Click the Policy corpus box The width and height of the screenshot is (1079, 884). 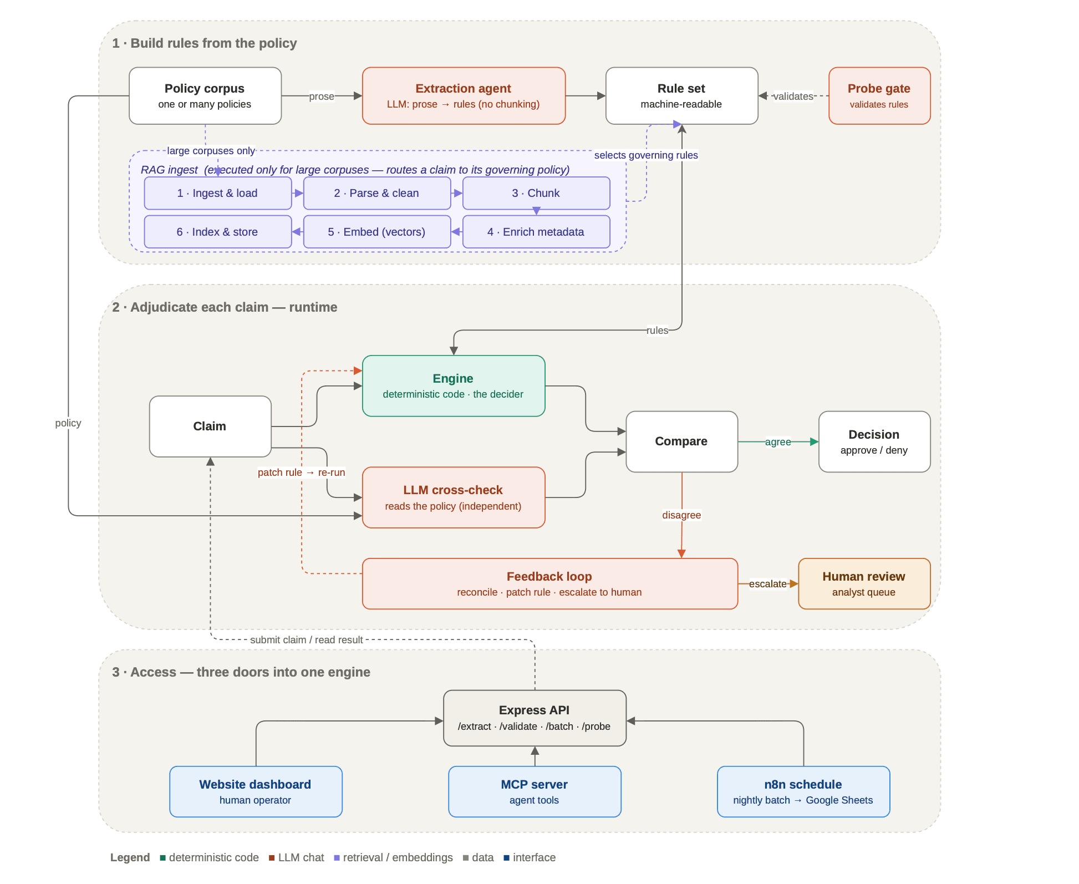205,96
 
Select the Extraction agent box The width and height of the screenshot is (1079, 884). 464,96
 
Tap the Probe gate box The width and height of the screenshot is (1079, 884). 879,96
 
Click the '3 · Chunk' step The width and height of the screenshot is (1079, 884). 536,193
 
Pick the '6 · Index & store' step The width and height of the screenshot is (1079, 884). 218,232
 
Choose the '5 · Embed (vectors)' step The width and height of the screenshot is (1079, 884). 377,232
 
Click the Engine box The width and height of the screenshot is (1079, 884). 454,386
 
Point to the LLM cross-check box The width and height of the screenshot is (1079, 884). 454,497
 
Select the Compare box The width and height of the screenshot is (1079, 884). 682,441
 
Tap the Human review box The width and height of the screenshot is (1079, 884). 864,584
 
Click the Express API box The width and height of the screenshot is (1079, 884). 535,718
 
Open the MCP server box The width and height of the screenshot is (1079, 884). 535,792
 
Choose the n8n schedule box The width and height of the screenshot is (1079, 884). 803,792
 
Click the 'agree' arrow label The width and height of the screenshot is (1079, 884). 778,442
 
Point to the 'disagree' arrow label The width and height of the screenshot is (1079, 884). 681,515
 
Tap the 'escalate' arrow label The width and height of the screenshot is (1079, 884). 768,584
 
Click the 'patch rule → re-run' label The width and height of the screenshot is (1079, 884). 302,473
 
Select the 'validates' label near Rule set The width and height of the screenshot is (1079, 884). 793,96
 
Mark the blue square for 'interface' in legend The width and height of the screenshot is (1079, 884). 506,858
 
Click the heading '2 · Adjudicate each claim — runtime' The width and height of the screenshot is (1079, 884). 225,307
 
